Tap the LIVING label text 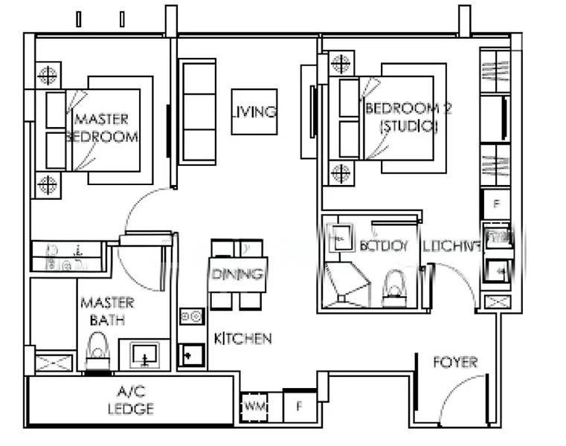point(254,112)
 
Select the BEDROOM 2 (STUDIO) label point(408,117)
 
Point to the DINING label point(238,274)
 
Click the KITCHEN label point(242,339)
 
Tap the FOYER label point(455,363)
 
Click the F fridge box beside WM point(299,407)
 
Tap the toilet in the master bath point(97,352)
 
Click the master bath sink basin point(144,355)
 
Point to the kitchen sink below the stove point(191,355)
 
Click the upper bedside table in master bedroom point(47,74)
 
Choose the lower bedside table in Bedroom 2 point(341,173)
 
